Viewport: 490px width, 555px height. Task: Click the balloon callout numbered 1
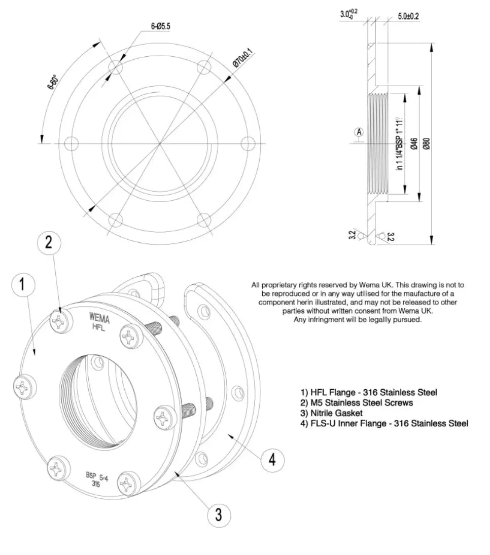(x=22, y=285)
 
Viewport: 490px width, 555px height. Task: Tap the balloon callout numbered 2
(x=49, y=242)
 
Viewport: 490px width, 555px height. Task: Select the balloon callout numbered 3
(x=219, y=515)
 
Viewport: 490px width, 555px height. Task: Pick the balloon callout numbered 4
(x=272, y=460)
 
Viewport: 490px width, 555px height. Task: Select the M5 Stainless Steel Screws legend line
(x=357, y=403)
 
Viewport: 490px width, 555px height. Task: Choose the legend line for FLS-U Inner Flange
(x=384, y=424)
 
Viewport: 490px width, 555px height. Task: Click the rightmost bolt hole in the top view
(x=248, y=143)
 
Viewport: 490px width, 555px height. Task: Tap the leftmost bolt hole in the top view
(x=72, y=143)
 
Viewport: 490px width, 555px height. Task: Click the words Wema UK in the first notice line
(x=375, y=285)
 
